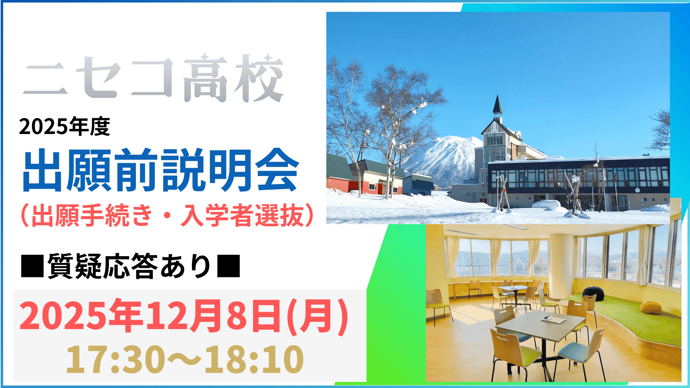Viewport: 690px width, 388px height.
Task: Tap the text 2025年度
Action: (65, 126)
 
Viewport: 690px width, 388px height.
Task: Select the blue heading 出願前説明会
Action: (160, 170)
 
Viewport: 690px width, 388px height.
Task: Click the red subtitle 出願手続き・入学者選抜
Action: (167, 216)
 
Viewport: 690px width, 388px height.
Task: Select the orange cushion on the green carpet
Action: (651, 308)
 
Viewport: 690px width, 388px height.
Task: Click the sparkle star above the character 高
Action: (204, 57)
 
